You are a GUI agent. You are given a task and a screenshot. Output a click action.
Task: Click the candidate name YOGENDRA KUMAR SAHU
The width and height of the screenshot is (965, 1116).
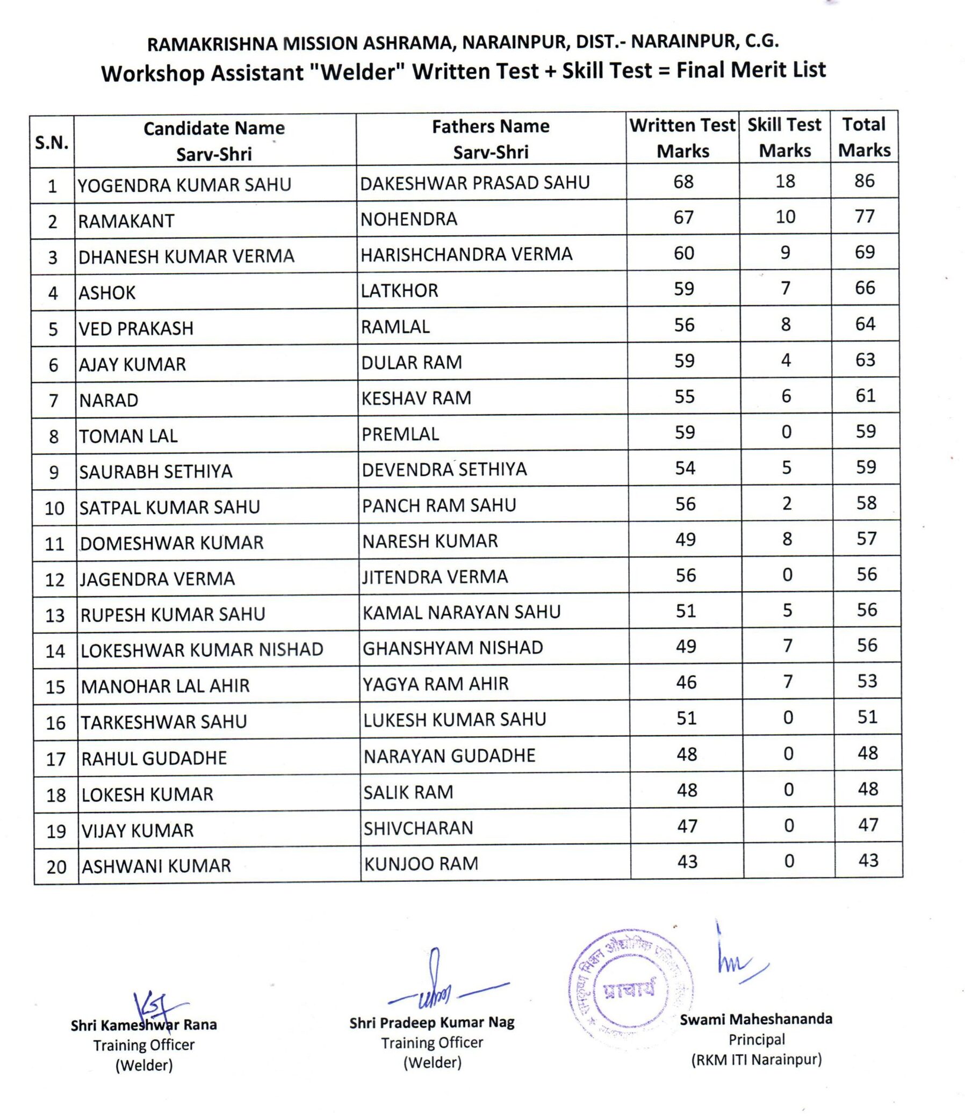coord(184,185)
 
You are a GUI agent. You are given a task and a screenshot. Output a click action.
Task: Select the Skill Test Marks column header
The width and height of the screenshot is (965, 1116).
coord(784,137)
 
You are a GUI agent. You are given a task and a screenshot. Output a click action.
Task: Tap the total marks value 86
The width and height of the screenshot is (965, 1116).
coord(863,181)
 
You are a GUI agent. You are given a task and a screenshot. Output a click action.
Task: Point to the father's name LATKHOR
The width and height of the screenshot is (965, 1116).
coord(399,291)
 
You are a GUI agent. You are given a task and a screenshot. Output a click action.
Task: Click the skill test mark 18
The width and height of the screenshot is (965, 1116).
coord(785,182)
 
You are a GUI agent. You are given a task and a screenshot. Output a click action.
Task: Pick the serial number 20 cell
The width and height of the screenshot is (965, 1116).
coord(56,867)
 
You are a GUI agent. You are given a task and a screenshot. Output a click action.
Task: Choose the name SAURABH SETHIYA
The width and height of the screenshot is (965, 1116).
coord(156,472)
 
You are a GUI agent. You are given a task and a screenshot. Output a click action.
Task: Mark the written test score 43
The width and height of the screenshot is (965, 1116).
coord(687,862)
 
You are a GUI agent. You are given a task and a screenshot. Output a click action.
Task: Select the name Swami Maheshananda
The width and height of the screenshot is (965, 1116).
coord(756,1019)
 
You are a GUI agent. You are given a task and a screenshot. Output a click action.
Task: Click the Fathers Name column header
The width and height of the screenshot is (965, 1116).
coord(491,139)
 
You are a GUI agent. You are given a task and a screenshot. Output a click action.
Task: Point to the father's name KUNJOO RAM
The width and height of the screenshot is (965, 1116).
coord(421,864)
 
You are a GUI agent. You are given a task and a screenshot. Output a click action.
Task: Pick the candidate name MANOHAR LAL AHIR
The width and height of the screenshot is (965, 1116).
coord(165,686)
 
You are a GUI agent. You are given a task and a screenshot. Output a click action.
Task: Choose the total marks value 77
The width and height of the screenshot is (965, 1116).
coord(864,216)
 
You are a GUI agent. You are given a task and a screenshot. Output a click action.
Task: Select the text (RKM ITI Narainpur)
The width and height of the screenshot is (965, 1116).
coord(757,1060)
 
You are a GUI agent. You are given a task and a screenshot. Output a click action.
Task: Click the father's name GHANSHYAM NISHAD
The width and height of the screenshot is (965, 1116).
coord(452,648)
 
